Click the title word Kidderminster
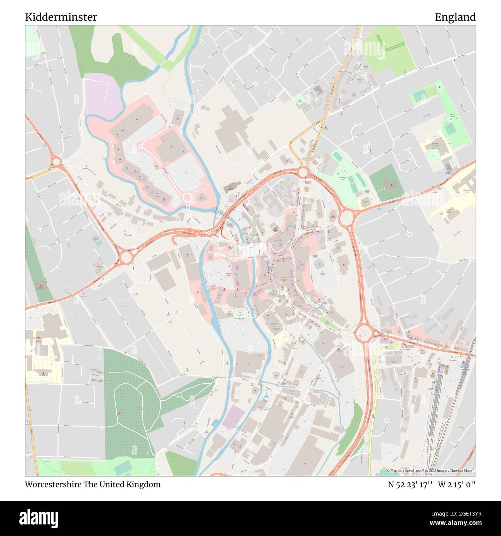(61, 17)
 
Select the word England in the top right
(455, 17)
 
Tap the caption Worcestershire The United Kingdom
(92, 484)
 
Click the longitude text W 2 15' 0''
(457, 484)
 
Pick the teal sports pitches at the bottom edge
(122, 469)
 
